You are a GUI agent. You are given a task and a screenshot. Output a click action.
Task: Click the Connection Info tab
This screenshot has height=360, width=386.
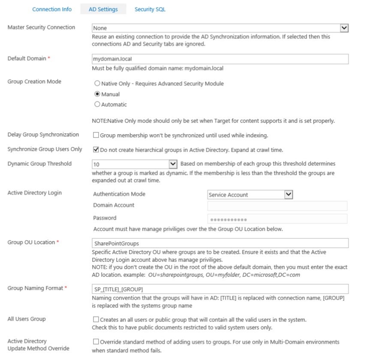[x=52, y=9]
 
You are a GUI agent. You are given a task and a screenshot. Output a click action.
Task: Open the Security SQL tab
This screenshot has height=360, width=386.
[x=150, y=9]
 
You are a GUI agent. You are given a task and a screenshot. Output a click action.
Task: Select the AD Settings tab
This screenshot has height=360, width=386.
[x=104, y=9]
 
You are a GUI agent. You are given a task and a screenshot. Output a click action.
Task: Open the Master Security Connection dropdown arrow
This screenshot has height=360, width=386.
[x=344, y=28]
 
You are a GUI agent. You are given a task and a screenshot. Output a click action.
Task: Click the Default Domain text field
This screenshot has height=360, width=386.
[x=220, y=59]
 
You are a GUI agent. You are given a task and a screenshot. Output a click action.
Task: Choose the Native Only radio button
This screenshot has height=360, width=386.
[x=97, y=84]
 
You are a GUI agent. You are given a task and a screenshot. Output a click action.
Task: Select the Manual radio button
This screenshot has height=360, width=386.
[x=97, y=94]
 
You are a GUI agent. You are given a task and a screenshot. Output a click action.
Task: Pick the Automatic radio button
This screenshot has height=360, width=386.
[x=97, y=104]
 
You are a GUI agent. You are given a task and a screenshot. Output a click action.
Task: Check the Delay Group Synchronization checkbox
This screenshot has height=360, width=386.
[x=96, y=135]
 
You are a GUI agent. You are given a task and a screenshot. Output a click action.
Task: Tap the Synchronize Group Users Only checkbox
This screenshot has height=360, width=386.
[x=96, y=150]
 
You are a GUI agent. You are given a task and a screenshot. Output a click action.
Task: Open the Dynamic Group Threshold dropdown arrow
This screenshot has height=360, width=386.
[x=173, y=164]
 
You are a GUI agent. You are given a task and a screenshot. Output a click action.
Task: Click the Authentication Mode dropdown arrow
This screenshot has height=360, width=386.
[x=289, y=195]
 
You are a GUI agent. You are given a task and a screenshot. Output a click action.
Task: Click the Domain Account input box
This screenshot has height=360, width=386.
[x=277, y=206]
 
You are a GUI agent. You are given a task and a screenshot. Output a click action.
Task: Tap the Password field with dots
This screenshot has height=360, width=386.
[x=277, y=219]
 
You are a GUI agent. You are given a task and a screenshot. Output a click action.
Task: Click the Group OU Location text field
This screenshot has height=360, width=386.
[x=220, y=243]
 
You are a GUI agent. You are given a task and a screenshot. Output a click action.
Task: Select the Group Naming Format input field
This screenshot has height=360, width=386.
[x=220, y=289]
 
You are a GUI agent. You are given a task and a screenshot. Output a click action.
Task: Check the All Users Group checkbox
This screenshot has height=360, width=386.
[x=96, y=320]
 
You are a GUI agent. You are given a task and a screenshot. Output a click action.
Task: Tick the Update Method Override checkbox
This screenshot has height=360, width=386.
[x=96, y=342]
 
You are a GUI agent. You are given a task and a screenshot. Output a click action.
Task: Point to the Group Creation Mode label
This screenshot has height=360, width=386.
[x=34, y=82]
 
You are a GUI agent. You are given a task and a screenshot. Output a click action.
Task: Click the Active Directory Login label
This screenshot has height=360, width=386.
[x=34, y=193]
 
